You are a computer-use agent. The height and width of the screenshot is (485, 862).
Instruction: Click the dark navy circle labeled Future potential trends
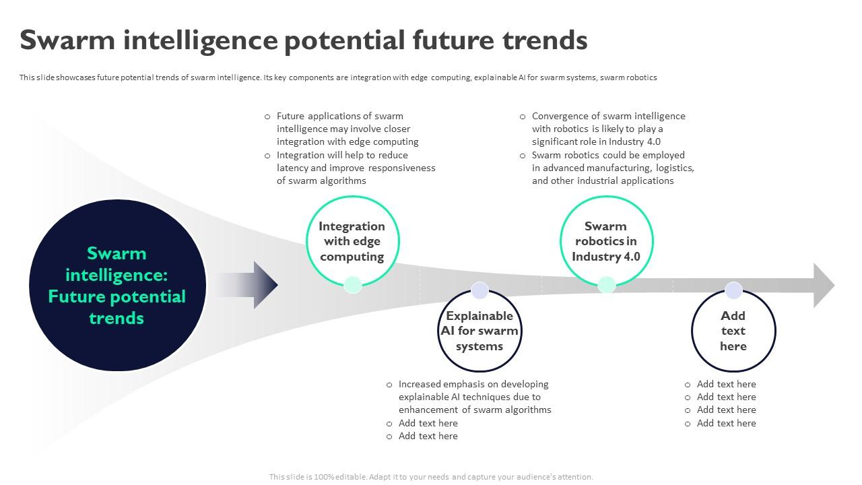(x=117, y=286)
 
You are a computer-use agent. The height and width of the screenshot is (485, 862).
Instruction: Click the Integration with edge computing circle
(x=352, y=241)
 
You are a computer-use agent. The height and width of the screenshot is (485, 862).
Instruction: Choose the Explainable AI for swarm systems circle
(x=479, y=331)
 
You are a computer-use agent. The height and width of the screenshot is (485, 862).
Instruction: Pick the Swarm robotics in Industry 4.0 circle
(x=606, y=241)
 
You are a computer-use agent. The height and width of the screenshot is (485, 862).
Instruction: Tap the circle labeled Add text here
(x=733, y=331)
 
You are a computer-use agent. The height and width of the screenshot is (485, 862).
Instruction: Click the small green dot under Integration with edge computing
(x=353, y=285)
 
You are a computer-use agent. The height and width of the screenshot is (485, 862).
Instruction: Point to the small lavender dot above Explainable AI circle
(x=479, y=290)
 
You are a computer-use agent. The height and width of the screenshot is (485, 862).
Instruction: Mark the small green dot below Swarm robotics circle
(x=607, y=285)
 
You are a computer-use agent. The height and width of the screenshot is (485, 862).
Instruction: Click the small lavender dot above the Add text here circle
(x=733, y=290)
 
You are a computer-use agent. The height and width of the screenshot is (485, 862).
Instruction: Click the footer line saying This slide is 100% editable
(x=431, y=477)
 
